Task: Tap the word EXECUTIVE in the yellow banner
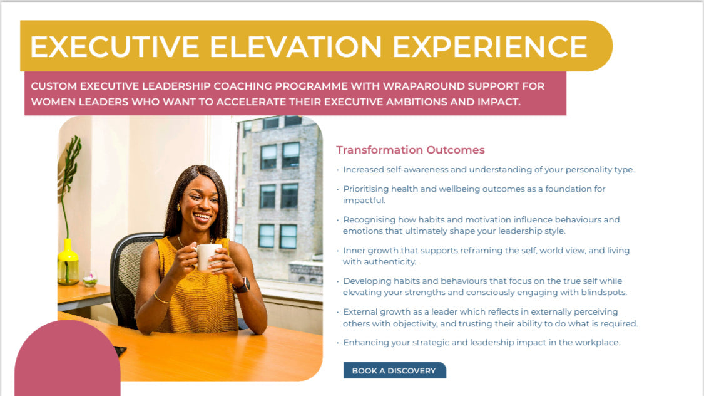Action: click(115, 47)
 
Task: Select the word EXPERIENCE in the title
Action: click(490, 47)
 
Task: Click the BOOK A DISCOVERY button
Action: click(394, 370)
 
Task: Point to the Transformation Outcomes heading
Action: click(411, 150)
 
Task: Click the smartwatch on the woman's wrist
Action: click(242, 285)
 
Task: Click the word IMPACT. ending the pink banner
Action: click(498, 102)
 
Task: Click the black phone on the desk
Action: click(120, 350)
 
